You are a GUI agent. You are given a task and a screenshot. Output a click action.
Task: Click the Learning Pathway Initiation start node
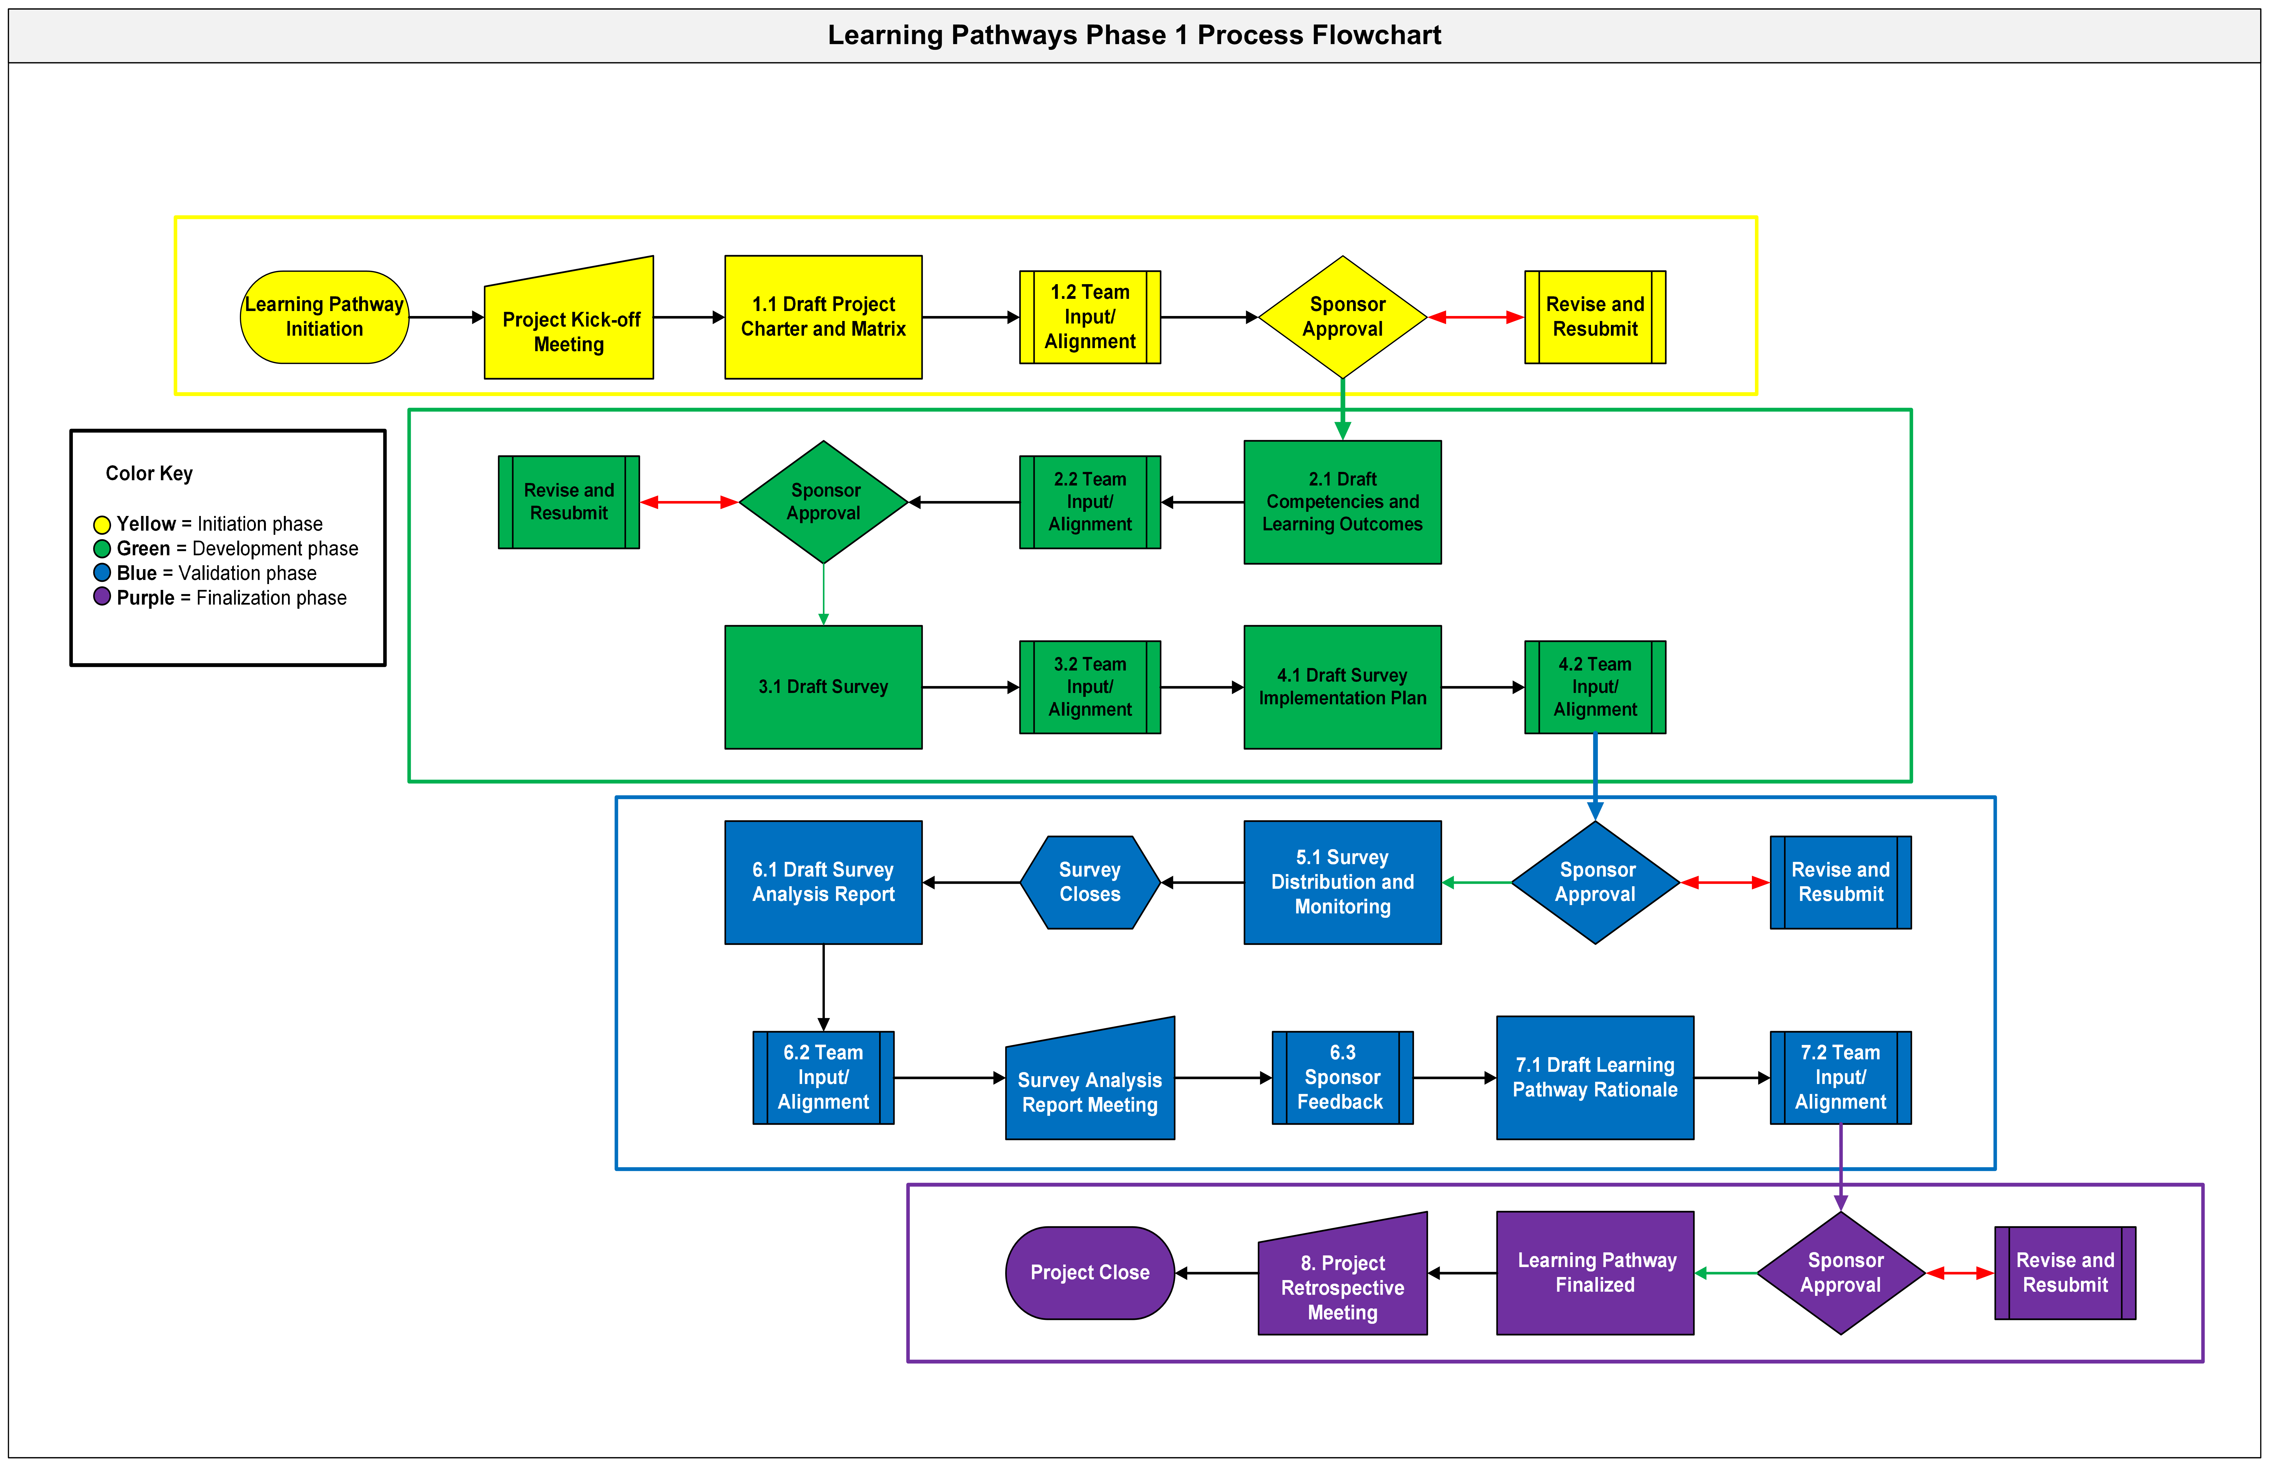(x=324, y=317)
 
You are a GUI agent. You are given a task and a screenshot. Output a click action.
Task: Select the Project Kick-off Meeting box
(x=569, y=329)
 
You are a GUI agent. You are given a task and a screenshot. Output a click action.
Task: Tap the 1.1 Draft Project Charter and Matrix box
(x=823, y=317)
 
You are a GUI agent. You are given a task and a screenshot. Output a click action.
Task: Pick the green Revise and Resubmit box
(x=569, y=502)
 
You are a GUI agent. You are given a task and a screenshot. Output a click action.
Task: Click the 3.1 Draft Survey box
(x=823, y=687)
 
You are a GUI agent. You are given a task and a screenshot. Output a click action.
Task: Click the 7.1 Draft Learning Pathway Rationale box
(x=1595, y=1077)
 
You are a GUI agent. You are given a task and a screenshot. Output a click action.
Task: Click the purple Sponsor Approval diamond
(x=1840, y=1273)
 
